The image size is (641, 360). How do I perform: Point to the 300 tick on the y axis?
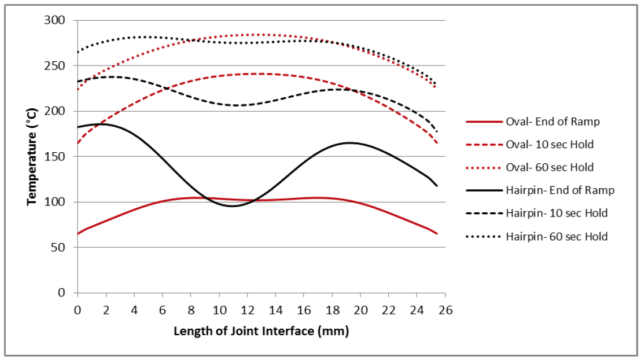click(x=58, y=20)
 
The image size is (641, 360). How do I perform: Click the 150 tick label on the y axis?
click(x=58, y=157)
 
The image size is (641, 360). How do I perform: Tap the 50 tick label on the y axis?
click(x=60, y=248)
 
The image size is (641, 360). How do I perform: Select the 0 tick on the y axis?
click(x=63, y=293)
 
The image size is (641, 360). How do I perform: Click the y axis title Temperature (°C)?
click(x=33, y=157)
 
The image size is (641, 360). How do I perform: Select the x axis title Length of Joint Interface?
click(x=261, y=332)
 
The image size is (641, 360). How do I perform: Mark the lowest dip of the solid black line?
click(x=233, y=206)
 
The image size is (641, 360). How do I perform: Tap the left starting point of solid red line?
click(x=78, y=234)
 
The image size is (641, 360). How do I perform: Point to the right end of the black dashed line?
click(x=437, y=133)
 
